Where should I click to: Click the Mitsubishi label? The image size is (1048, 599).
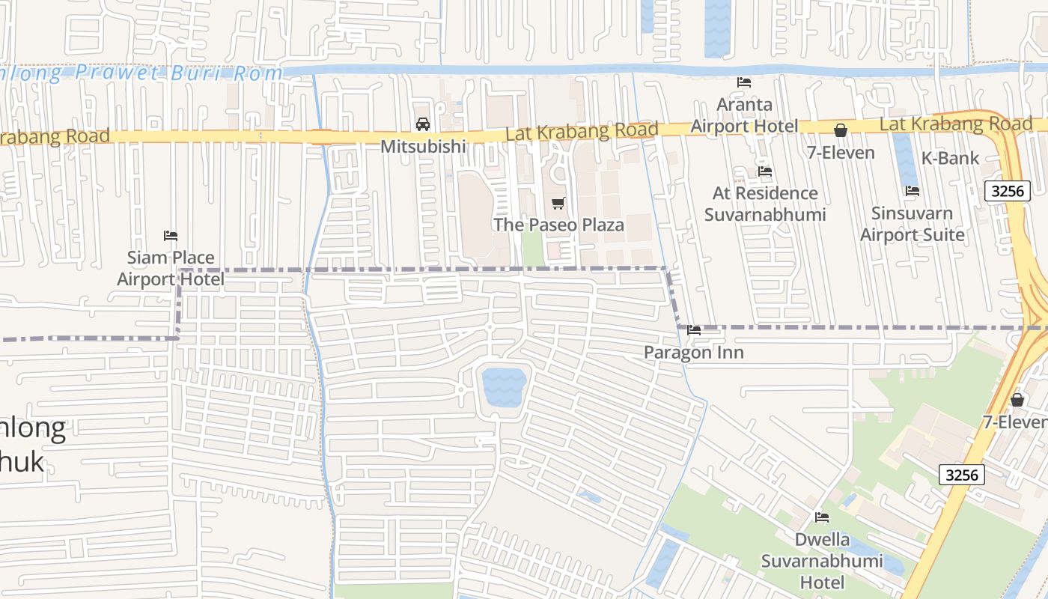(423, 147)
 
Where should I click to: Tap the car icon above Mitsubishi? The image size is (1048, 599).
(423, 124)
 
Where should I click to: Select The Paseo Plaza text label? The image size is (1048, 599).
(558, 225)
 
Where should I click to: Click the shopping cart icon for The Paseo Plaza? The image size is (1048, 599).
(558, 203)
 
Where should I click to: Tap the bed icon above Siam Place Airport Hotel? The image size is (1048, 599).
(171, 236)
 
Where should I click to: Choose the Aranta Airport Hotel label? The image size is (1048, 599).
(744, 115)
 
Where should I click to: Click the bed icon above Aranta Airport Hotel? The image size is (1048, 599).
(744, 82)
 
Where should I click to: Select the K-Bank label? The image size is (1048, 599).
(950, 158)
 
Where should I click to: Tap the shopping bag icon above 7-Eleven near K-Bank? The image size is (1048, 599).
(841, 131)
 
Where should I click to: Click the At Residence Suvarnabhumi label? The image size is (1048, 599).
(765, 204)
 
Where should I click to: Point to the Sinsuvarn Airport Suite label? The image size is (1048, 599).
(912, 224)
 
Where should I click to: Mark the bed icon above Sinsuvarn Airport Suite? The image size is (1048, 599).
(912, 191)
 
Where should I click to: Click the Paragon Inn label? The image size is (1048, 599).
(694, 353)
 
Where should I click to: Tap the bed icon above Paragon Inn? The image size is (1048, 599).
(694, 329)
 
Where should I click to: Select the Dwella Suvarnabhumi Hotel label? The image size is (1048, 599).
(822, 561)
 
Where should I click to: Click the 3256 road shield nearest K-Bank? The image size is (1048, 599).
(1007, 191)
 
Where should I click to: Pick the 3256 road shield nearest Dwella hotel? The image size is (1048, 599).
(962, 475)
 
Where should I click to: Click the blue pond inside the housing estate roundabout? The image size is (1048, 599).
(504, 386)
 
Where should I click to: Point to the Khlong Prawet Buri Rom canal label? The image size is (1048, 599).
(142, 73)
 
